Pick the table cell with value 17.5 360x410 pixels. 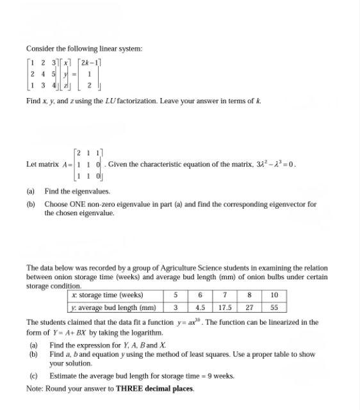(x=224, y=307)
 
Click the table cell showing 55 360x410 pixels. (x=274, y=307)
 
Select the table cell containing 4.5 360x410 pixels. (x=200, y=307)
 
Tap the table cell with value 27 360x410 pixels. (x=249, y=307)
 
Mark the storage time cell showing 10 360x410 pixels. (x=274, y=295)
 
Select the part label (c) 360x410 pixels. (x=33, y=375)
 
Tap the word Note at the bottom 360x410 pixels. (x=33, y=388)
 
